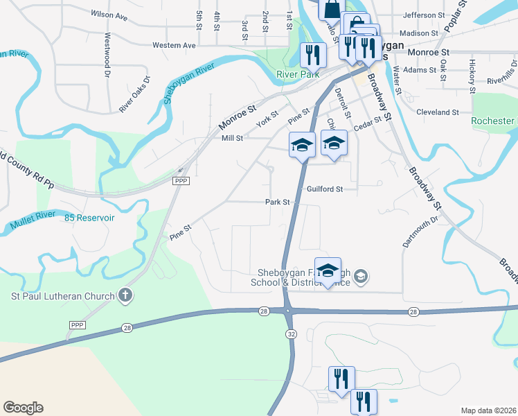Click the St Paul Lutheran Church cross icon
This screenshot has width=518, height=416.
[x=125, y=296]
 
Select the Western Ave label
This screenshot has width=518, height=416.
[x=174, y=45]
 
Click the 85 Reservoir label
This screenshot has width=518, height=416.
[x=89, y=217]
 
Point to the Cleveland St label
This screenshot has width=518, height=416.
[x=437, y=112]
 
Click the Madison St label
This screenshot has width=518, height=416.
[x=419, y=33]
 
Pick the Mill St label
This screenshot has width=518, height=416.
[x=232, y=138]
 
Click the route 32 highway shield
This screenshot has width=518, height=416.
[x=289, y=334]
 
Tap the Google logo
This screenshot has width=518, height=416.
[x=23, y=408]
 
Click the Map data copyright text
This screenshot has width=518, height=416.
[x=488, y=410]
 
